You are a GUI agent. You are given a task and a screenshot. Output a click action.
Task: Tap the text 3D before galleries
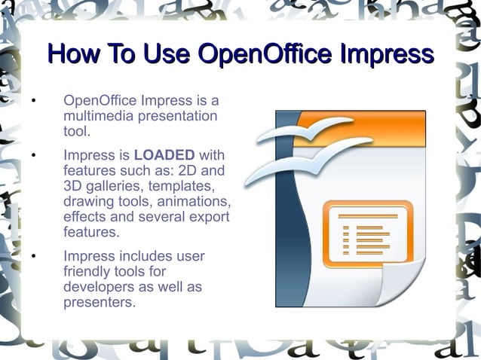[74, 186]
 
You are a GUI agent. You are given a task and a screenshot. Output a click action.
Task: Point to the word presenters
[100, 304]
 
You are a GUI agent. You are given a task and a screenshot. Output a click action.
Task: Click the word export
[209, 217]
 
